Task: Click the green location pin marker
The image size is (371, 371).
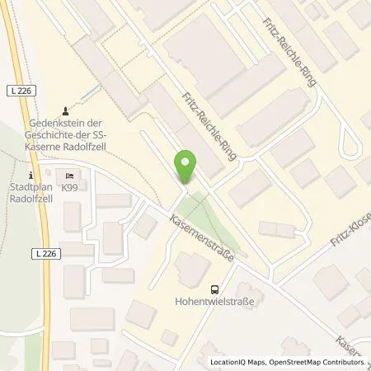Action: [x=187, y=167]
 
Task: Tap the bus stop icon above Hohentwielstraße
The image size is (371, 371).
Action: [x=215, y=289]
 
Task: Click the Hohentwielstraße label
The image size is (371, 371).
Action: [x=215, y=303]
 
